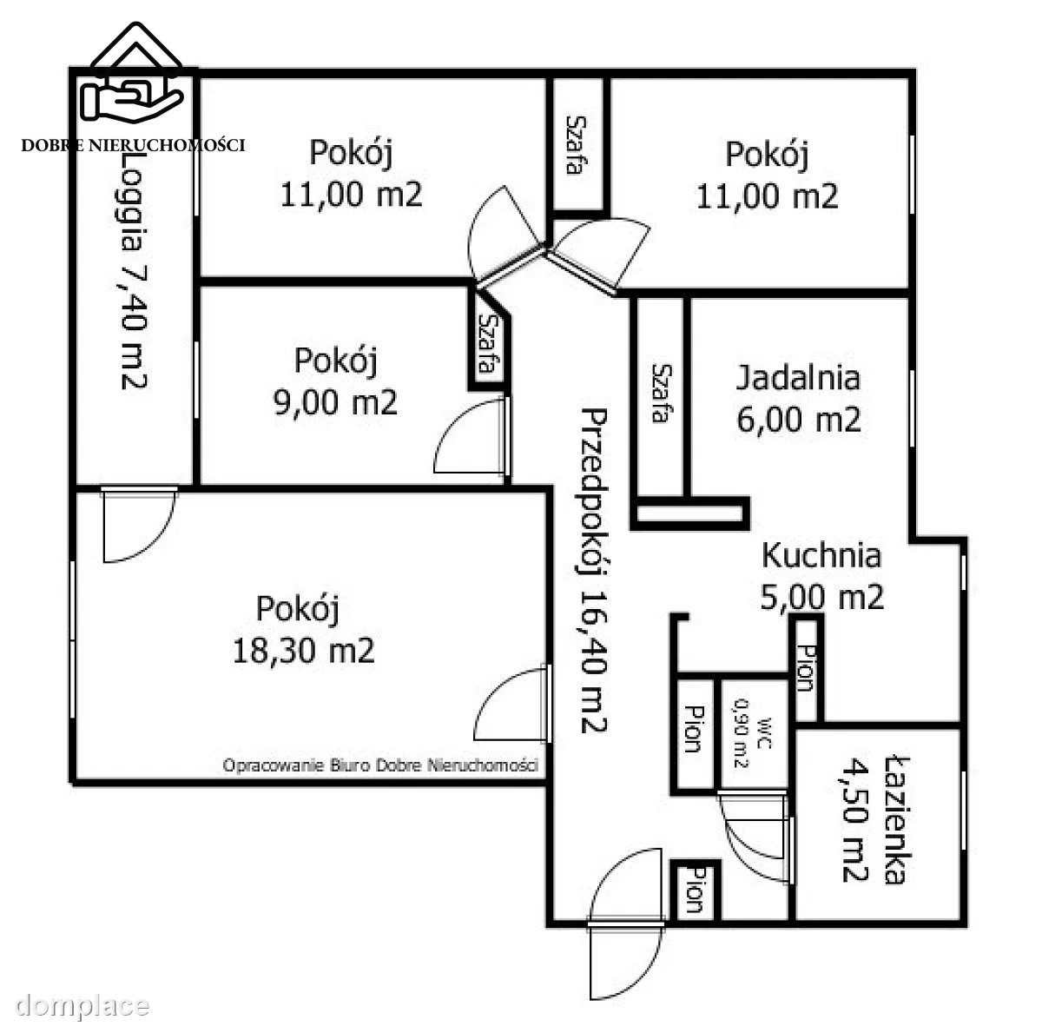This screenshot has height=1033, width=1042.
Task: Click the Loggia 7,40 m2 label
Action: pyautogui.click(x=133, y=270)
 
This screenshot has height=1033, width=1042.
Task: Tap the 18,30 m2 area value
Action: pyautogui.click(x=303, y=651)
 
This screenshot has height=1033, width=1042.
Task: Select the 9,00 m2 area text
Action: pyautogui.click(x=335, y=402)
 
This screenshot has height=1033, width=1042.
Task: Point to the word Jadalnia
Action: pyautogui.click(x=798, y=378)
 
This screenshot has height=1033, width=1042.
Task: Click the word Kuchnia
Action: pyautogui.click(x=821, y=556)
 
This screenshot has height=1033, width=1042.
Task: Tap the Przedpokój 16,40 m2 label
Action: pyautogui.click(x=595, y=571)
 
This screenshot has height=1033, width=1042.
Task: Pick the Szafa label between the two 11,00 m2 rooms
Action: pyautogui.click(x=574, y=145)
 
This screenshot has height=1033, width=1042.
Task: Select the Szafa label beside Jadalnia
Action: pyautogui.click(x=661, y=393)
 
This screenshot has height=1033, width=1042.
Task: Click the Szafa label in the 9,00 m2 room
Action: pyautogui.click(x=487, y=344)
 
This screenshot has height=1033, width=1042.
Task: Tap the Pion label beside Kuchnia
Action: pyautogui.click(x=806, y=668)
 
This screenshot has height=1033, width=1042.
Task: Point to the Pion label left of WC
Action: pyautogui.click(x=694, y=729)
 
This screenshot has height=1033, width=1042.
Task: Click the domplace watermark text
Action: pyautogui.click(x=82, y=1005)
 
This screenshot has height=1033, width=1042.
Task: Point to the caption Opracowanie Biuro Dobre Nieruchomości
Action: pyautogui.click(x=380, y=765)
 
